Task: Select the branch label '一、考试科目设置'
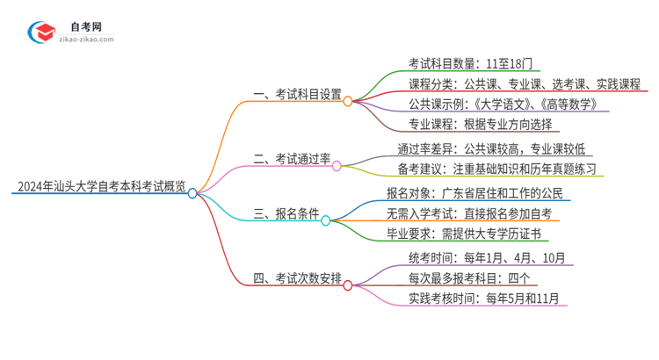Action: [x=297, y=95]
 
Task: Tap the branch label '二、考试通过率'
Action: [x=292, y=158]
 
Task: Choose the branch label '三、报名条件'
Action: [x=286, y=213]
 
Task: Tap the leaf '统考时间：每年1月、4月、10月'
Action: [x=479, y=259]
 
